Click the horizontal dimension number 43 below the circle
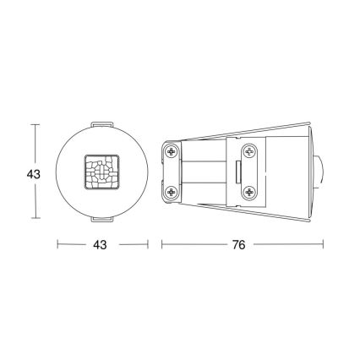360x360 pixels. click(x=100, y=245)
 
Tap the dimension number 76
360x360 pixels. click(x=238, y=245)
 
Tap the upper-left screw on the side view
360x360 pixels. click(x=173, y=152)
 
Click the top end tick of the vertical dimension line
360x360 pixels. click(x=35, y=125)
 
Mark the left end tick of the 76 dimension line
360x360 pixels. click(x=162, y=245)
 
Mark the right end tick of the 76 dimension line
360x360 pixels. click(x=323, y=245)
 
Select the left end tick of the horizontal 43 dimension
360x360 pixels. click(x=57, y=245)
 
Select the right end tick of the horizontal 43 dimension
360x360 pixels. click(x=147, y=245)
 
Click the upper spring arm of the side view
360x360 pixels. click(x=254, y=132)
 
